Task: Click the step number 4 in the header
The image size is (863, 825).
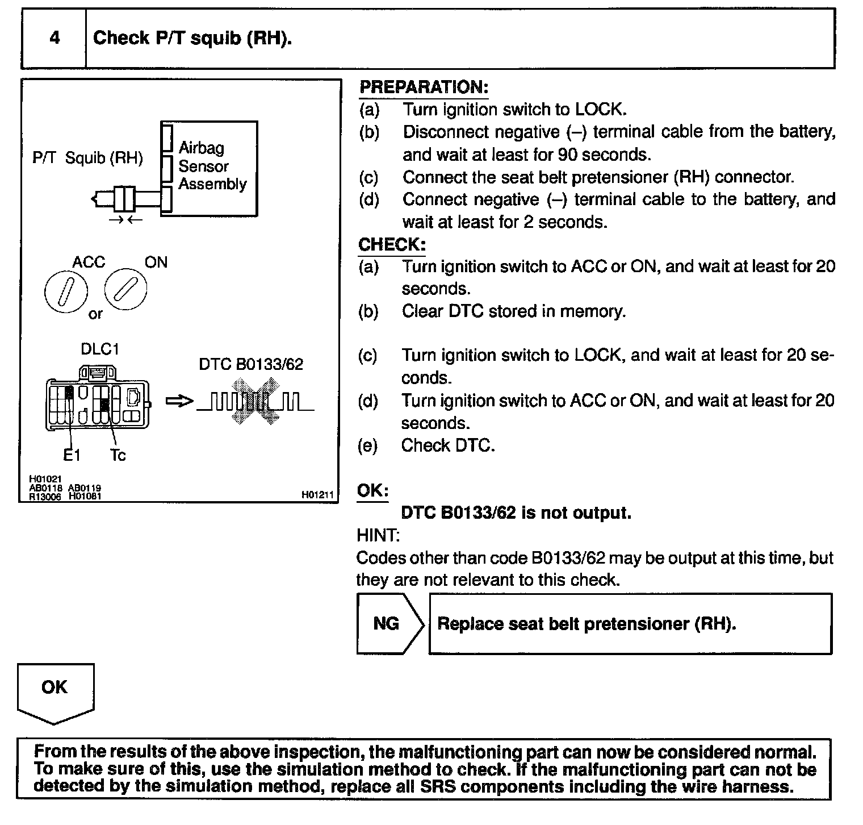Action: coord(55,38)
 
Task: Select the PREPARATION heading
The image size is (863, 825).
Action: coord(424,88)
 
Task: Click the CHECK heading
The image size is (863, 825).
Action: coord(392,245)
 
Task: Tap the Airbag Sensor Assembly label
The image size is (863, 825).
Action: coord(212,166)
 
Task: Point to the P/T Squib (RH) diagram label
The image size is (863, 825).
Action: coord(87,158)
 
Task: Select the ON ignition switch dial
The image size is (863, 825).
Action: coord(125,289)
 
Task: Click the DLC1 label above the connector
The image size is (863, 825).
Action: coord(100,349)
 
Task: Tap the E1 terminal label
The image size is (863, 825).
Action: coord(72,455)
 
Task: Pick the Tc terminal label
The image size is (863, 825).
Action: coord(118,455)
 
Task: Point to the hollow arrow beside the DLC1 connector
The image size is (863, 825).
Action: coord(178,402)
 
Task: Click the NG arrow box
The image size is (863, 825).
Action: coord(389,624)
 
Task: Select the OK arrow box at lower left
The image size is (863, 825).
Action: coord(55,691)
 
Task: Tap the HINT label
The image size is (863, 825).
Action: coord(378,535)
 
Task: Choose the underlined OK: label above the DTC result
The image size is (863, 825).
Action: coord(372,491)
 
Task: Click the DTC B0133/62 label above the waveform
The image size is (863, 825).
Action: coord(251,364)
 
